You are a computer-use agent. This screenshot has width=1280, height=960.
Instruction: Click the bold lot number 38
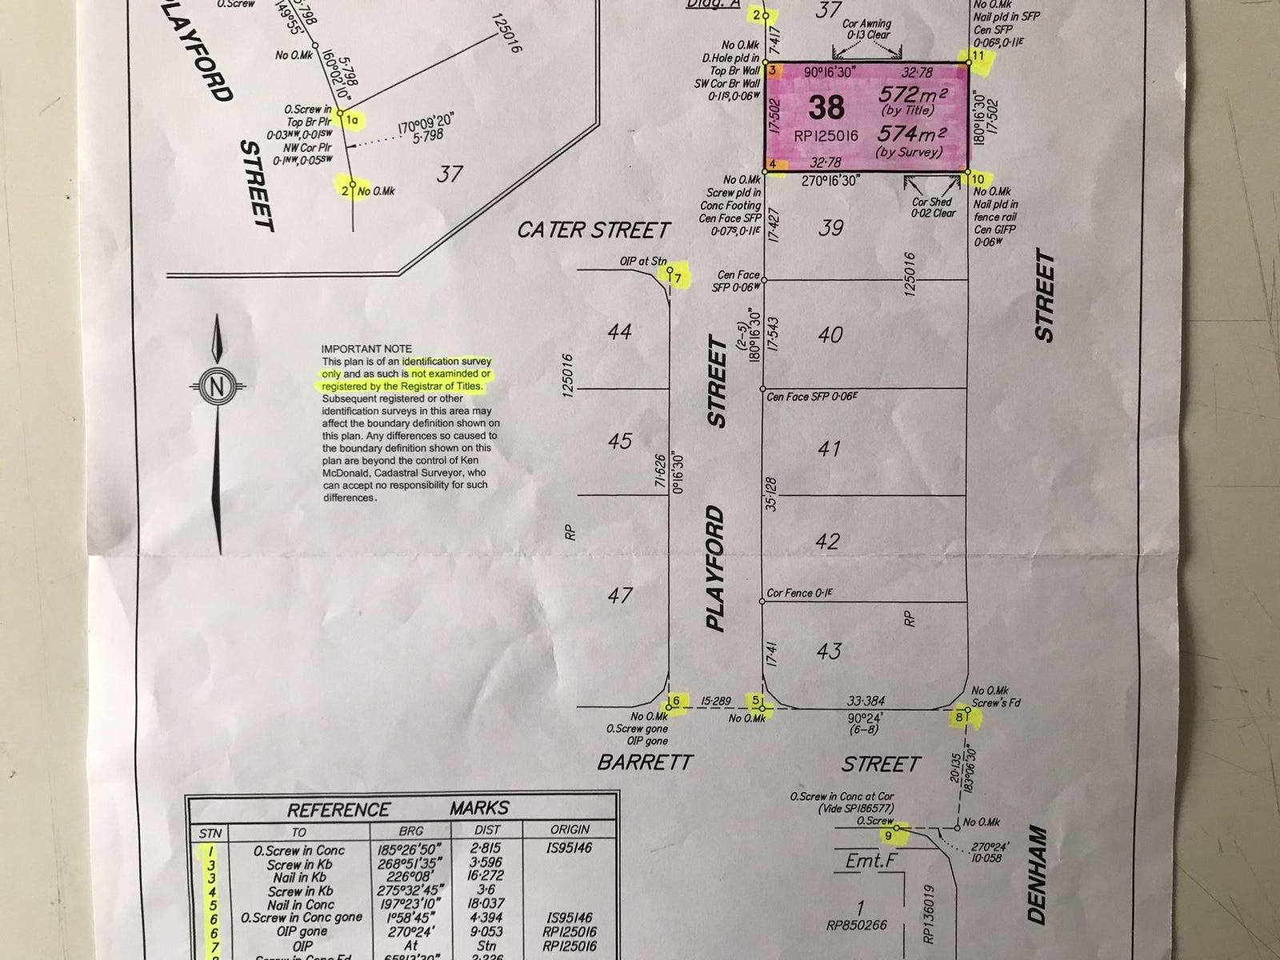click(x=826, y=107)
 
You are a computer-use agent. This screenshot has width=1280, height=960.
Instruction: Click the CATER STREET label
click(x=593, y=230)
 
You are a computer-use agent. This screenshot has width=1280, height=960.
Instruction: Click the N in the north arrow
click(x=216, y=386)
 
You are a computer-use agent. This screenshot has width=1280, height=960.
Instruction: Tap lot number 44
click(x=619, y=331)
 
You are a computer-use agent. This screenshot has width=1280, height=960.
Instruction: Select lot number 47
click(x=619, y=595)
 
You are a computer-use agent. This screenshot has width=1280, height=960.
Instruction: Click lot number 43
click(x=829, y=650)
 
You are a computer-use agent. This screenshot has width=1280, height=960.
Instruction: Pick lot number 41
click(x=830, y=448)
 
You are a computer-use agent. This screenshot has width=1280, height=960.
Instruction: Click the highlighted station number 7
click(x=677, y=278)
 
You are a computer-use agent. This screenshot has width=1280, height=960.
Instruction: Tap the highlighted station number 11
click(x=978, y=55)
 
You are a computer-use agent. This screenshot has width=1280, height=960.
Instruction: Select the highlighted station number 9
click(x=888, y=836)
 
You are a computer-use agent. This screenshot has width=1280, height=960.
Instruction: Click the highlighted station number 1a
click(x=353, y=120)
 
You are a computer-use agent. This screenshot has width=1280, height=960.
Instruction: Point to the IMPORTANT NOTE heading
click(x=366, y=349)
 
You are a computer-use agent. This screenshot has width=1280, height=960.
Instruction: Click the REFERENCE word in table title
click(x=338, y=810)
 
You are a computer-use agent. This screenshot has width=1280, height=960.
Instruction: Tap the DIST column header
click(x=486, y=830)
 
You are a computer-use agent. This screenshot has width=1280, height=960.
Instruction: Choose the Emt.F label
click(x=870, y=861)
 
